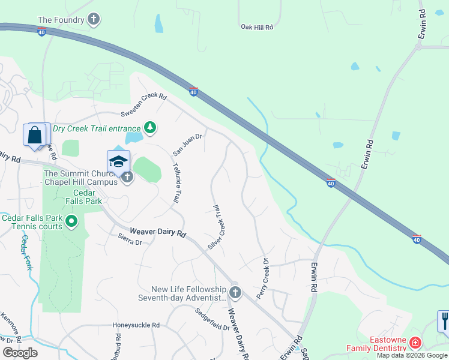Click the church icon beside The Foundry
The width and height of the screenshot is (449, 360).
[93, 20]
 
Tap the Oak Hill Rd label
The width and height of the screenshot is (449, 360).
[257, 27]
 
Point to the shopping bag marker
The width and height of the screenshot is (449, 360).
[35, 135]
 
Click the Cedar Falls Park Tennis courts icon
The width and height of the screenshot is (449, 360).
[71, 222]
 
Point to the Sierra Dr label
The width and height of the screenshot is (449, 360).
[130, 242]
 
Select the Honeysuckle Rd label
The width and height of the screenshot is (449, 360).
[136, 325]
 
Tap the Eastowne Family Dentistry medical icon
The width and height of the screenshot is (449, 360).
[415, 343]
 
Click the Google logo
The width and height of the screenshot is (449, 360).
[20, 353]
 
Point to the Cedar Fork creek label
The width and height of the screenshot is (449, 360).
[26, 252]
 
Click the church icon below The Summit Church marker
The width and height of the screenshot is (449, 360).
[127, 177]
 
